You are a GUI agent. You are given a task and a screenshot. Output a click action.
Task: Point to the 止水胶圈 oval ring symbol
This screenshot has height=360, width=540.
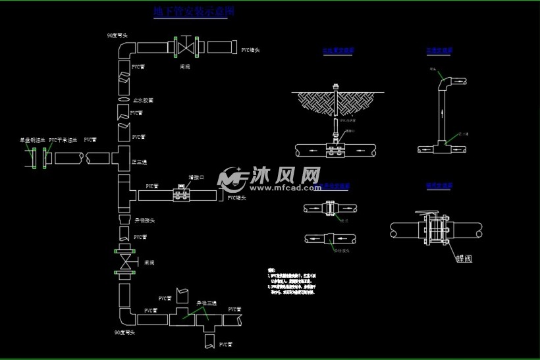pyautogui.click(x=124, y=99)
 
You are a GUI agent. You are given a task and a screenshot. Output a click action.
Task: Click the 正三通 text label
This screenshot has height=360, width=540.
pyautogui.click(x=140, y=161)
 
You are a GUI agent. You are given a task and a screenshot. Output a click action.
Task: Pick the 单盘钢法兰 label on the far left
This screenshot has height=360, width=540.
pyautogui.click(x=32, y=140)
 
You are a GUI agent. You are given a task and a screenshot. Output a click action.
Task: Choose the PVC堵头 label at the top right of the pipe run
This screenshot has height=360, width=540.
pyautogui.click(x=250, y=50)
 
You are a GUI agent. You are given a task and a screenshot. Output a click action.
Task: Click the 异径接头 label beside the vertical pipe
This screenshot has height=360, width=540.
pyautogui.click(x=144, y=220)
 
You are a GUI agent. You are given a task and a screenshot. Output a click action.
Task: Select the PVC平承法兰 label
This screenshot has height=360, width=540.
pyautogui.click(x=63, y=140)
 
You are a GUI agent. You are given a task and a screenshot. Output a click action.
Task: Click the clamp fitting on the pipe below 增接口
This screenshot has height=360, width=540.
pyautogui.click(x=180, y=195)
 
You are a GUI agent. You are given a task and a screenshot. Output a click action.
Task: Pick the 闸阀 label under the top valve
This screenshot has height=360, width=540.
pyautogui.click(x=186, y=66)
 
